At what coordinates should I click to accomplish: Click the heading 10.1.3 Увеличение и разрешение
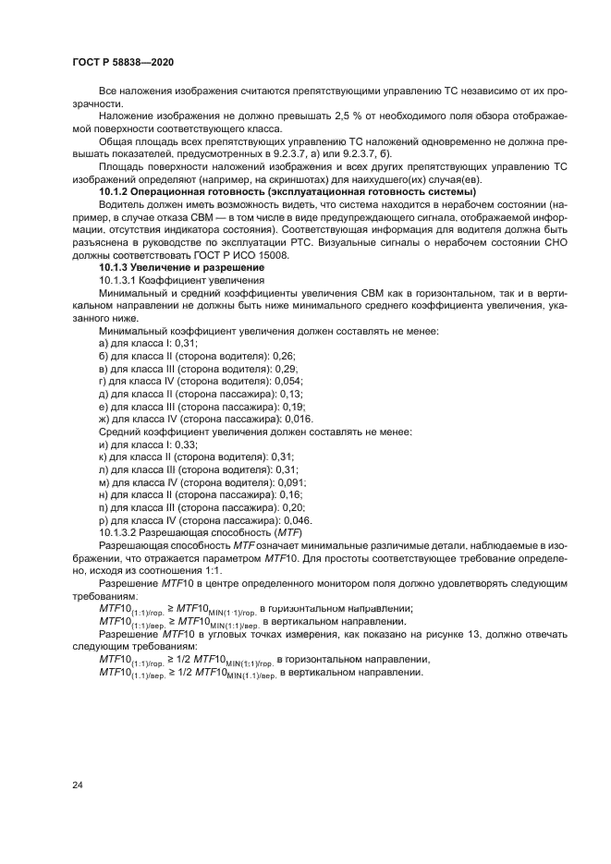(181, 267)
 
